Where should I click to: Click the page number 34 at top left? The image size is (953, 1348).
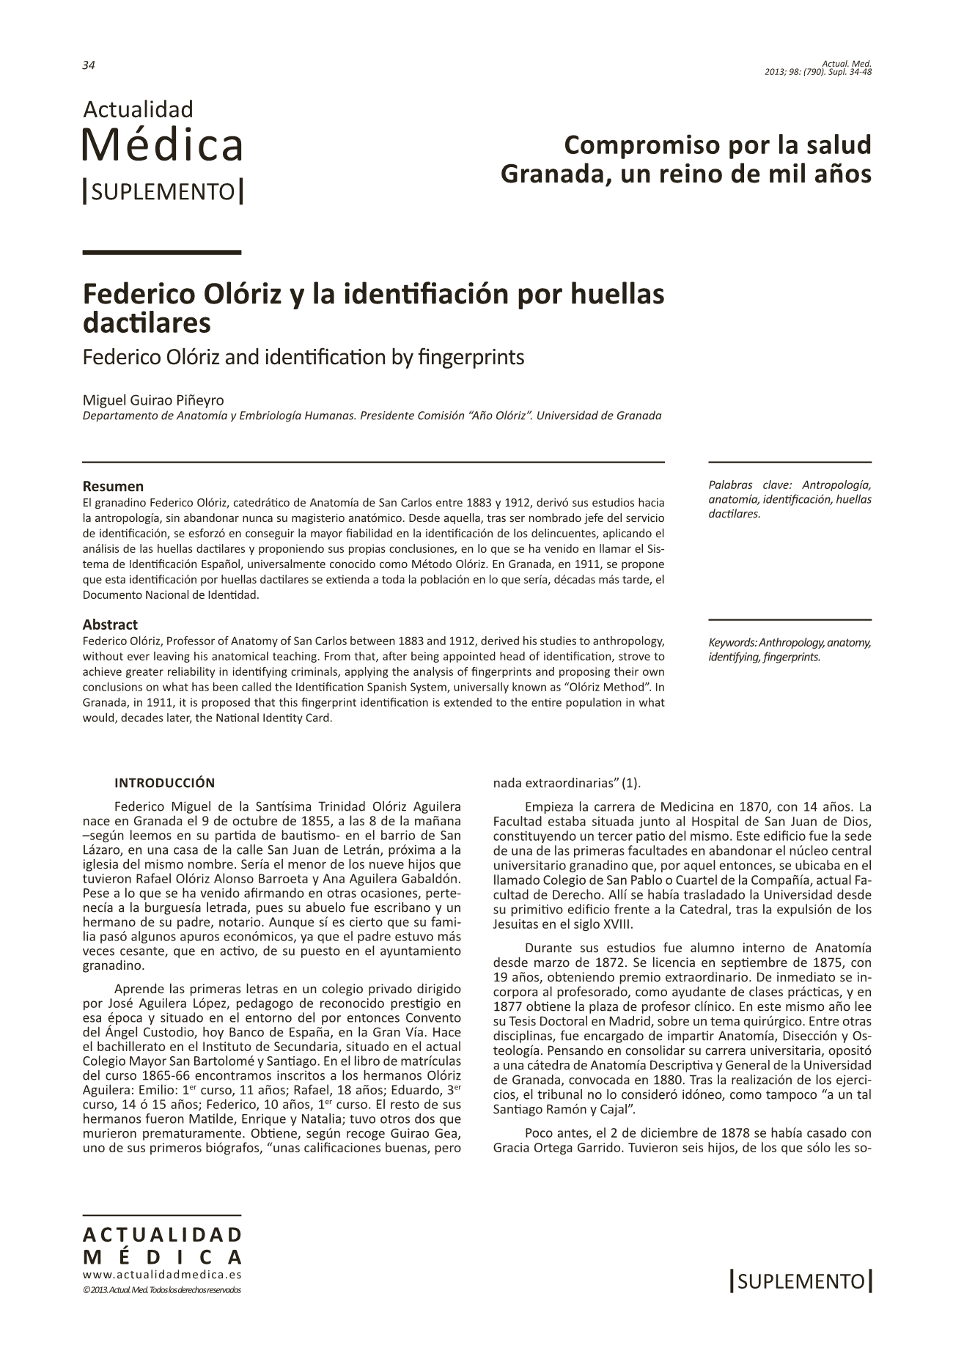pyautogui.click(x=89, y=65)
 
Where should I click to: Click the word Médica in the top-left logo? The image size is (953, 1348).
pyautogui.click(x=162, y=144)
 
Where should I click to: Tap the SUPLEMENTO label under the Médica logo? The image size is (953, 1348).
pyautogui.click(x=163, y=192)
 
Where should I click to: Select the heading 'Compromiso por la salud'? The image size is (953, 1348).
pyautogui.click(x=718, y=144)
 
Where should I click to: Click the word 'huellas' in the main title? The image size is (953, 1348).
pyautogui.click(x=618, y=294)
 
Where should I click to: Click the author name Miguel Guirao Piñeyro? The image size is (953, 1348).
pyautogui.click(x=153, y=400)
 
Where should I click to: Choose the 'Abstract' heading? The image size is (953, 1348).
pyautogui.click(x=110, y=625)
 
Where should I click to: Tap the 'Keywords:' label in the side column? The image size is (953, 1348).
pyautogui.click(x=730, y=643)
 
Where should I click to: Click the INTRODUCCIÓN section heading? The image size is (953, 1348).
pyautogui.click(x=164, y=783)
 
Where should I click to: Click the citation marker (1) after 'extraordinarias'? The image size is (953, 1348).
pyautogui.click(x=631, y=783)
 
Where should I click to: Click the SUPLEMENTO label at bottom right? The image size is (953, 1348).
pyautogui.click(x=801, y=1281)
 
